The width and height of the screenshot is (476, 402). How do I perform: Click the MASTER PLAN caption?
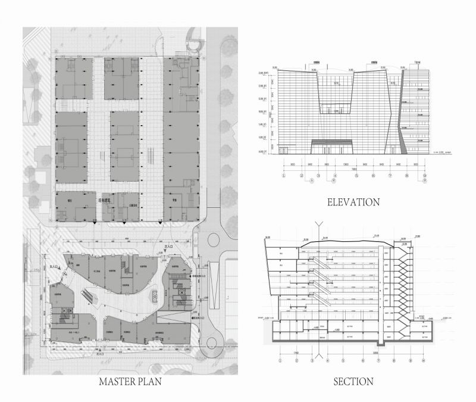pyautogui.click(x=131, y=381)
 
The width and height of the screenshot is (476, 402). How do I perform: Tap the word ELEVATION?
pyautogui.click(x=353, y=202)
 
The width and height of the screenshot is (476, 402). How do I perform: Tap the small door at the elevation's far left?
pyautogui.click(x=284, y=151)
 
